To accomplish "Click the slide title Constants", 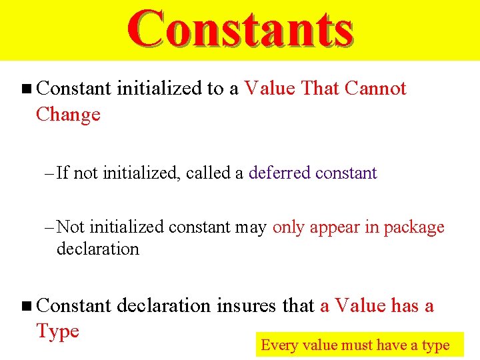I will [240, 30].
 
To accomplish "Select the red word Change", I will [68, 115].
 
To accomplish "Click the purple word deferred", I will [279, 173].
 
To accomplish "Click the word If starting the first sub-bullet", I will [63, 173].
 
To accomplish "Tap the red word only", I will [289, 227].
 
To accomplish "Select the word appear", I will [335, 228].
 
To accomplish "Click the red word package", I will [414, 228].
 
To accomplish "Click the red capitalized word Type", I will [57, 331].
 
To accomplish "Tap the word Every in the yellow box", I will [279, 345].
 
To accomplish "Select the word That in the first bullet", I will [321, 89].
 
